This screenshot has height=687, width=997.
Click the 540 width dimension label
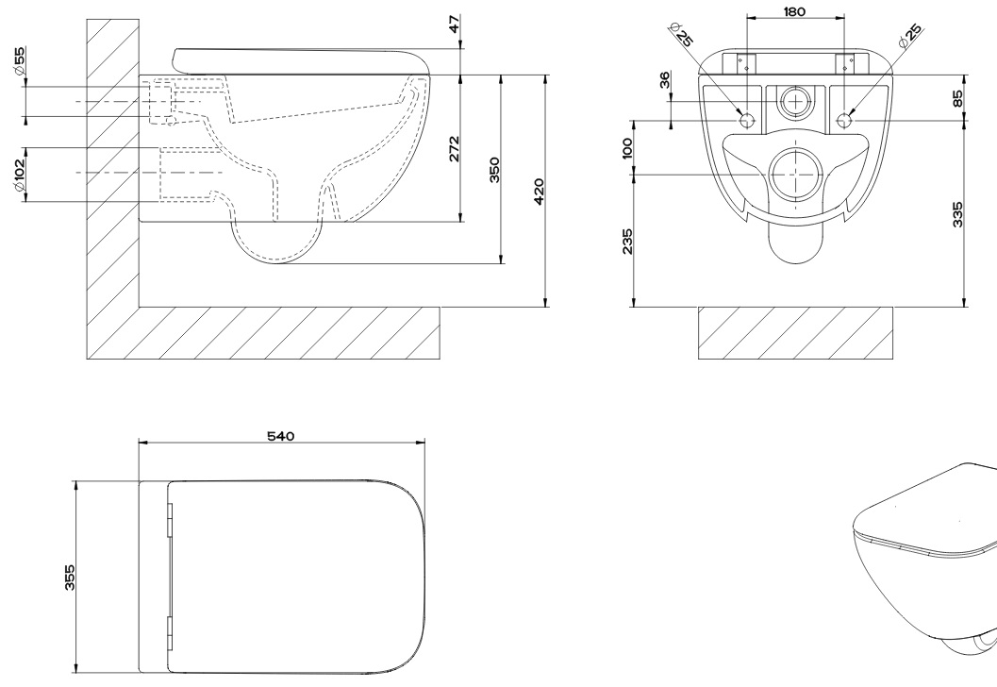point(280,436)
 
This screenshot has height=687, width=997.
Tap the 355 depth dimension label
point(70,577)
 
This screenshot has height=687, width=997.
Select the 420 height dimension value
point(540,192)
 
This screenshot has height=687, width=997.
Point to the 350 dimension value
point(494,170)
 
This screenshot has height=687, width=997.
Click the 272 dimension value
point(455,149)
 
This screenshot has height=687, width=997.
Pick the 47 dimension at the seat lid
point(455,24)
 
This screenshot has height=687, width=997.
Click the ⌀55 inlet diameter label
point(19,61)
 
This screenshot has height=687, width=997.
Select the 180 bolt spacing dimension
point(794,11)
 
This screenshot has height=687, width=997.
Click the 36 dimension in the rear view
point(664,80)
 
